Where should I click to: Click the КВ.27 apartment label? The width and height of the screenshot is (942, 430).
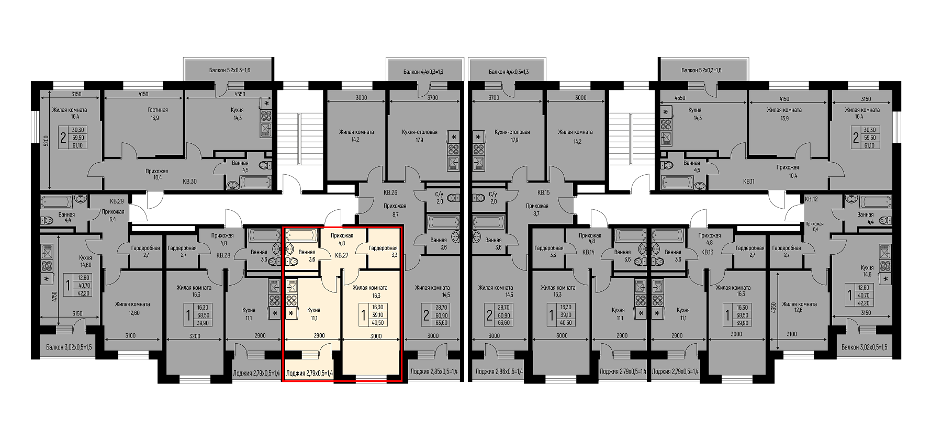tap(342, 255)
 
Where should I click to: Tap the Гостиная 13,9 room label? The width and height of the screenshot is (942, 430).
tap(158, 114)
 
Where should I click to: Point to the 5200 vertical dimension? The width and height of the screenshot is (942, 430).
tap(46, 141)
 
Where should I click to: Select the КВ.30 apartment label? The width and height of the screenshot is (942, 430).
tap(189, 182)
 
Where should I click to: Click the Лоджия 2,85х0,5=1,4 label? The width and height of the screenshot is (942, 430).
tap(434, 372)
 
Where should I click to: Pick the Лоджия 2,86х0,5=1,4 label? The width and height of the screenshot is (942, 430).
tap(499, 372)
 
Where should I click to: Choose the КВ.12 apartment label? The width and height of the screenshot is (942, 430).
tap(811, 199)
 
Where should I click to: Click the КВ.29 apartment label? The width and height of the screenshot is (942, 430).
tap(117, 201)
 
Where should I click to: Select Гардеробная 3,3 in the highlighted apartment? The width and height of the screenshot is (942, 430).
tap(383, 252)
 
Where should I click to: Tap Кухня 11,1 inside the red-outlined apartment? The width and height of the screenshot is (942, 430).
tap(313, 314)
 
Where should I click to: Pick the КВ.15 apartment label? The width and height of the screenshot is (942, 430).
tap(543, 193)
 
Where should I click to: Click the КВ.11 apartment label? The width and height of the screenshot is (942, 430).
tap(750, 182)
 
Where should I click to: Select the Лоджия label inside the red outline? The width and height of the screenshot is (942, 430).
tap(309, 373)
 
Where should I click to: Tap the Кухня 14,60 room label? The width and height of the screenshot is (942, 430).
tap(85, 262)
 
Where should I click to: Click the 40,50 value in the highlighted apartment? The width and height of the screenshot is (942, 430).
tap(378, 323)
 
